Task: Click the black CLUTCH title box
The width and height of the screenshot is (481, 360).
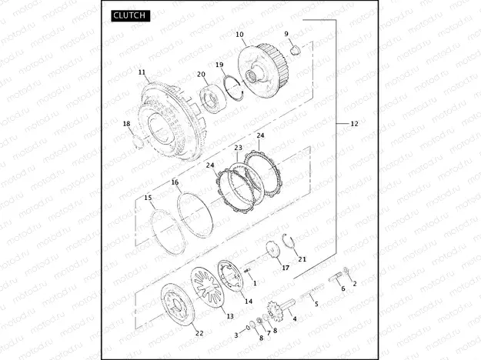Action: (131, 15)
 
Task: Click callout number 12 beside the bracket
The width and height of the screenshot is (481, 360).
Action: (354, 124)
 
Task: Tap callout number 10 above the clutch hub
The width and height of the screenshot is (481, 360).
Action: (239, 35)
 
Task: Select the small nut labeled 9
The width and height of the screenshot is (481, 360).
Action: (296, 49)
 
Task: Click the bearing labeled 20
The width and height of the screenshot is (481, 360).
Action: (213, 98)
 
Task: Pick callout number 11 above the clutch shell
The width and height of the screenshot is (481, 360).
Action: (142, 72)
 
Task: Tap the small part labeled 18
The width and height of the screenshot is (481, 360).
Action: (139, 142)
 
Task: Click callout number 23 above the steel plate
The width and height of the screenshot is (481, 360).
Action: (238, 148)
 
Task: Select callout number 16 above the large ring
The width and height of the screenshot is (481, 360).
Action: (175, 182)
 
